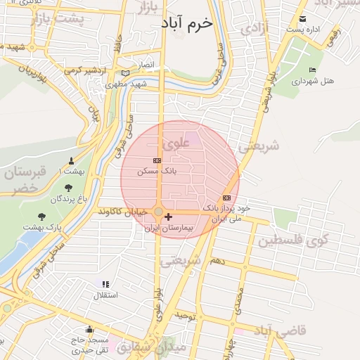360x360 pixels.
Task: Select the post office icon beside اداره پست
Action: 303,18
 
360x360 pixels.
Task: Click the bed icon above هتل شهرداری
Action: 312,70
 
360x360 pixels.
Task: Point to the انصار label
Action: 144,64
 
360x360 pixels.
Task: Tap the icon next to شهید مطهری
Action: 125,73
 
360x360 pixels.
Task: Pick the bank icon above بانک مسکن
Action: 156,161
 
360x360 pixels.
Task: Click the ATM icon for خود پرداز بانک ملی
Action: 226,198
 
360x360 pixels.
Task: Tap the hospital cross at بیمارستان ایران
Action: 168,217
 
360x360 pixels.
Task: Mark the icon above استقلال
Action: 105,284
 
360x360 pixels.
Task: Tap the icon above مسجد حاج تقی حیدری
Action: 89,329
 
